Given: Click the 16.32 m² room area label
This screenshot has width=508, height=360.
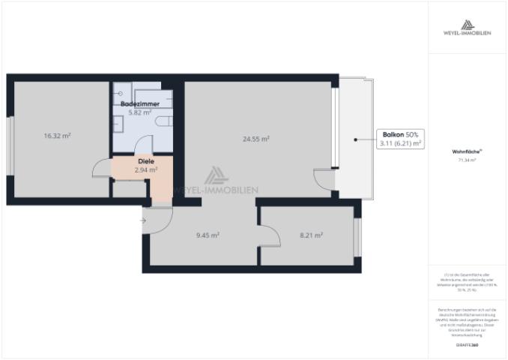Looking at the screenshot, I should tap(57, 136).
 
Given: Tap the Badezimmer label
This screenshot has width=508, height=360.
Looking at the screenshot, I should tap(139, 103).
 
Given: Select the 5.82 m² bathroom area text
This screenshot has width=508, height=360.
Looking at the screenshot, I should tap(139, 112).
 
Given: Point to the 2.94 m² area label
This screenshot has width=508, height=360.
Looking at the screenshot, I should tap(145, 170).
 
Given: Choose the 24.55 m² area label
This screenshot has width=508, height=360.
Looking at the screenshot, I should tap(256, 139).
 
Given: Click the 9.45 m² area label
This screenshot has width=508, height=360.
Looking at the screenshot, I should tap(208, 235).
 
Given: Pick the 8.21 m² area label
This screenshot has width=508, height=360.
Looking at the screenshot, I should tap(311, 235).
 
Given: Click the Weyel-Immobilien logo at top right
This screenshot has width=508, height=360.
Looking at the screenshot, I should tap(468, 28).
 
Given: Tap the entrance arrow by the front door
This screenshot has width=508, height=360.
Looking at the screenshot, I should tap(143, 220).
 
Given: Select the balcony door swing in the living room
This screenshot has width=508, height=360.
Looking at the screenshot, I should tap(323, 181).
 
